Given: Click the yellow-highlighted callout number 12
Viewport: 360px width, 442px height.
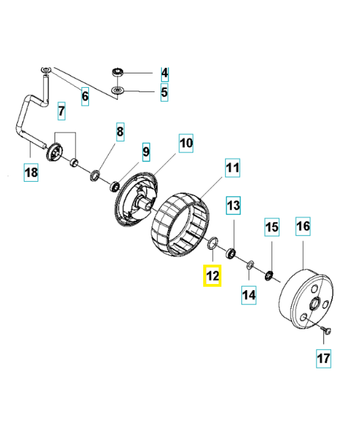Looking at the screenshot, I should tap(213, 275).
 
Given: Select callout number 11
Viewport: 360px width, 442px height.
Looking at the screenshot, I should tap(232, 167).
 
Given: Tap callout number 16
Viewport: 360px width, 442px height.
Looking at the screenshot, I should tap(303, 226).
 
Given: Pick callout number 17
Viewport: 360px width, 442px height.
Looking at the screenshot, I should tap(324, 359).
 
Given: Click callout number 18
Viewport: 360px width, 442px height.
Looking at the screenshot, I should tap(31, 172).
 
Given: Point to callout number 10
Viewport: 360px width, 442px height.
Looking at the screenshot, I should tap(186, 144).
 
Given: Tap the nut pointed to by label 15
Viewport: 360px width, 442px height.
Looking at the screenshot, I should tap(269, 275).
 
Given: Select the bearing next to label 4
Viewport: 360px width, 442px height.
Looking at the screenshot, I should tap(117, 71).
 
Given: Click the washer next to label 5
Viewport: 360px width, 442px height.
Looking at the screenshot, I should tap(117, 90).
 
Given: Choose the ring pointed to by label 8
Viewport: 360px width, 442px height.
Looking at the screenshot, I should tap(96, 176).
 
